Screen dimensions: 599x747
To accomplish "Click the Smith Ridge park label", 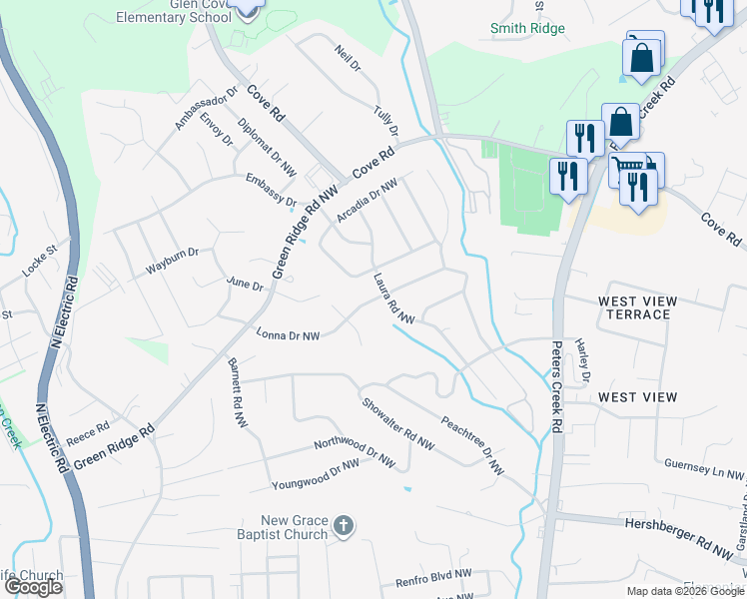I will [527, 29].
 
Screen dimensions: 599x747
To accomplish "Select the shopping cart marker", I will [629, 169].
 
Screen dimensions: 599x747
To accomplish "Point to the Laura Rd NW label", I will [393, 299].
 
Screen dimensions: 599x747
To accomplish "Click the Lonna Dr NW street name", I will [288, 335].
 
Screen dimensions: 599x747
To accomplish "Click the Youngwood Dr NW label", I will [316, 475].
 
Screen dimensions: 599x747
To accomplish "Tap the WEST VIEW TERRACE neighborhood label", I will [637, 307].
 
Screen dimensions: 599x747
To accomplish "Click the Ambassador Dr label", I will [207, 108].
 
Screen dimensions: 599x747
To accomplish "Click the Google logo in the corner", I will [33, 587].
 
